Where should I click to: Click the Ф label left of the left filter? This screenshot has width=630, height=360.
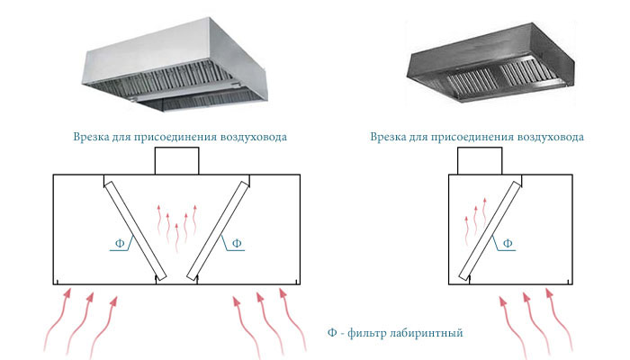120,243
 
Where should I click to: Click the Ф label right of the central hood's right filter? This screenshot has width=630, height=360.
237,243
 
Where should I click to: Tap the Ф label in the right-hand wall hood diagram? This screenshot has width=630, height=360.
508,243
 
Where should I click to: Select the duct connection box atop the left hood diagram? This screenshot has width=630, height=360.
176,161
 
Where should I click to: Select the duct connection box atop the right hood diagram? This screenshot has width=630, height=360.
480,161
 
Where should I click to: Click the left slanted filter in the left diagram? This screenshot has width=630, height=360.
135,230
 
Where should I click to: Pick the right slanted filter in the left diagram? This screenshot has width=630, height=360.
218,230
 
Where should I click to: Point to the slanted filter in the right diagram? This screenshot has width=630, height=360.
490,230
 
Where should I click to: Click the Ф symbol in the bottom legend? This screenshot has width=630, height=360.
332,333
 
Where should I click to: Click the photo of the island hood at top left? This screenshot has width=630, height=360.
175,65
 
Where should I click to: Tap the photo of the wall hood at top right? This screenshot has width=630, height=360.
490,62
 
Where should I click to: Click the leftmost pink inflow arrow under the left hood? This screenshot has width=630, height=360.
57,321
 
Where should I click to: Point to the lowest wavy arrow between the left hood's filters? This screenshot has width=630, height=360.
176,238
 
